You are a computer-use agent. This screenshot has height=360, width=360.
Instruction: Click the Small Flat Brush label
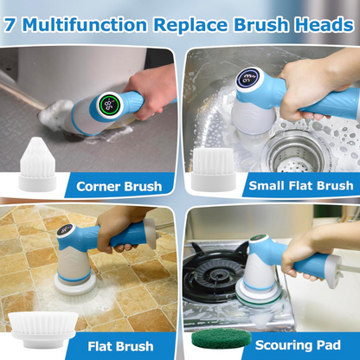[x=300, y=185]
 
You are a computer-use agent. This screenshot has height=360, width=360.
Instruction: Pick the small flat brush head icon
[x=211, y=167]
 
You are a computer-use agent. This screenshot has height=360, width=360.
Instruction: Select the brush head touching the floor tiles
[x=74, y=281]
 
